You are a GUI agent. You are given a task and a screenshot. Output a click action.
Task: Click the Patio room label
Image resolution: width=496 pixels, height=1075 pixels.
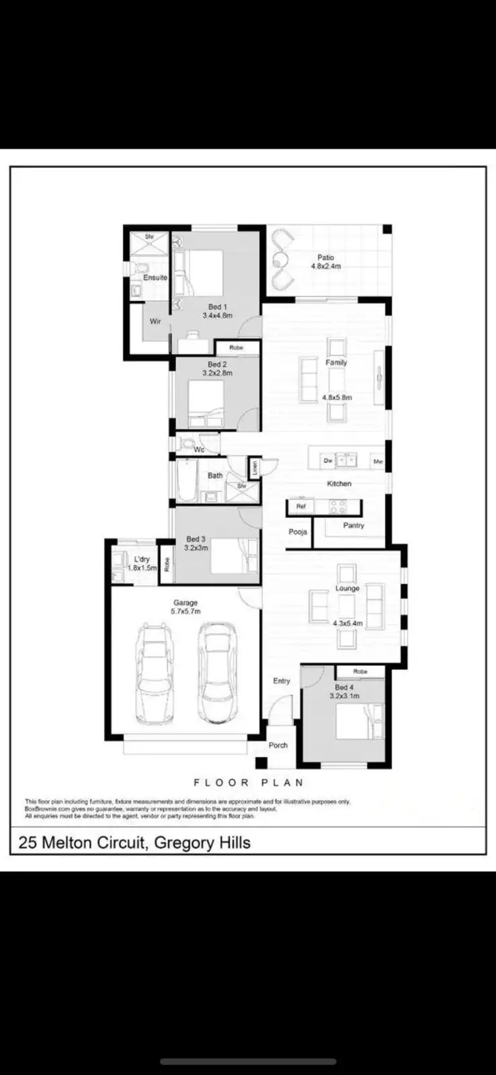click(325, 257)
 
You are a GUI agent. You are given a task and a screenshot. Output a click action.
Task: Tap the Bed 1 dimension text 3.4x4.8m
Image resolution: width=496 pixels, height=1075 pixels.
click(217, 315)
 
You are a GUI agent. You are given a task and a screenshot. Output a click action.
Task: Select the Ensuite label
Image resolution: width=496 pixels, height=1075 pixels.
click(155, 277)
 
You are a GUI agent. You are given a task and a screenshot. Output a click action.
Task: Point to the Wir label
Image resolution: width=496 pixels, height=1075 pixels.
click(155, 321)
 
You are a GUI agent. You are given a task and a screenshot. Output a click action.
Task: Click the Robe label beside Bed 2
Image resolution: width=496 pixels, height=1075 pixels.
click(236, 348)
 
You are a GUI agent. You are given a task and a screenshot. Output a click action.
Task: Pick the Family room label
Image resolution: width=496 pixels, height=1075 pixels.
click(336, 363)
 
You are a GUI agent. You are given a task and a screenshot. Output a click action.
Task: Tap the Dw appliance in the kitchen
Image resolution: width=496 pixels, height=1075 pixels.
click(328, 461)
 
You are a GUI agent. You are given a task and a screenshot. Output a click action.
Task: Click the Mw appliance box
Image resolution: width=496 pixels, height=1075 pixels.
click(378, 462)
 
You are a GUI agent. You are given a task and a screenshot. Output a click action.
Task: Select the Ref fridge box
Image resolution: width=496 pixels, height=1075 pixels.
click(300, 506)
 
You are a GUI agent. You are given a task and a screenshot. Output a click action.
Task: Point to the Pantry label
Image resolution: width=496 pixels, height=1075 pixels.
click(354, 525)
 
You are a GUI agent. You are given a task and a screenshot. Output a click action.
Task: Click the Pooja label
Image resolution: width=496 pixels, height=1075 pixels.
click(298, 532)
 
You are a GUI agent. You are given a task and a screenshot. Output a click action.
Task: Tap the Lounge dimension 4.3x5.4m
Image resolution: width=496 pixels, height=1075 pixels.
click(347, 623)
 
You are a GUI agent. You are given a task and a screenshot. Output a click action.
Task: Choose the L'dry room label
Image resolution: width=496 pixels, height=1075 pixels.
click(142, 559)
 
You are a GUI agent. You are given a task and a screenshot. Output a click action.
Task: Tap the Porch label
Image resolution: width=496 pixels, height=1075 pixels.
click(278, 745)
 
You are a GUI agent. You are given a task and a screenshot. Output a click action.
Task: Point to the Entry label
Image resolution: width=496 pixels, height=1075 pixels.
click(282, 681)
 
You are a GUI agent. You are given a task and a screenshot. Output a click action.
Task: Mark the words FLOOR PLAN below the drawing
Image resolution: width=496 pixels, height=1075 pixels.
click(249, 783)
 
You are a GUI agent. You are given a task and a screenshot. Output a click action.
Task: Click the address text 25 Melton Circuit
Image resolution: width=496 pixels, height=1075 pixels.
click(82, 843)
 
